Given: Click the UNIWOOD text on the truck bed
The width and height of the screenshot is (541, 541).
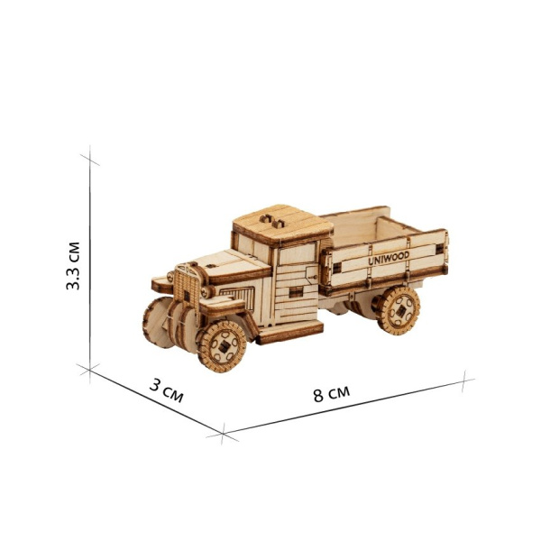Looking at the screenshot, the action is click(389, 258).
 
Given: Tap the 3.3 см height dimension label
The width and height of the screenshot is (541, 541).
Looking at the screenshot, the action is click(73, 266).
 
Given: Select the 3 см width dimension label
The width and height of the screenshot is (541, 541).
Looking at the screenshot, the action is click(166, 390).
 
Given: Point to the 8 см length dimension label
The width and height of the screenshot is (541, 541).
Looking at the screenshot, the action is click(332, 394).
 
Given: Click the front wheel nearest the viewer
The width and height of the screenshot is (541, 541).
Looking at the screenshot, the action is click(222, 346).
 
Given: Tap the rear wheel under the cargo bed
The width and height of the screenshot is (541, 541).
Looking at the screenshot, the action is click(398, 310).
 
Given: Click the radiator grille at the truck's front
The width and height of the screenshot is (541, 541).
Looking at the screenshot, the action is click(187, 286).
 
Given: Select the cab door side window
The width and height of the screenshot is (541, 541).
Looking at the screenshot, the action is click(297, 253).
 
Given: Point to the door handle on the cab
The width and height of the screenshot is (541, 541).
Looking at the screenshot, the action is click(313, 278).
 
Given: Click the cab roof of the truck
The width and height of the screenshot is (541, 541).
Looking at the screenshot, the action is click(283, 224).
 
